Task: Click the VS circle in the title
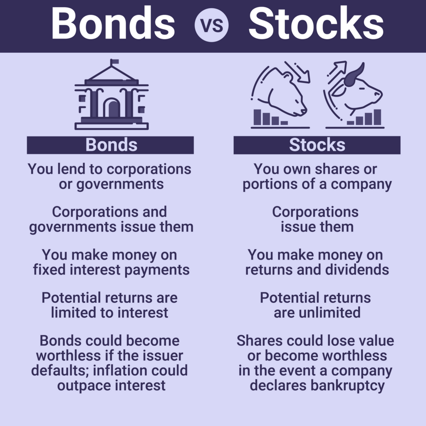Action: pos(211,25)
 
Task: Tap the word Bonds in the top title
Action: pos(113,23)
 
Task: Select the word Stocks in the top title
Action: pos(316,23)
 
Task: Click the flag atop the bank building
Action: pos(114,62)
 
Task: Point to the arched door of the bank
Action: pos(111,108)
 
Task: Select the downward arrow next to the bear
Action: pos(297,72)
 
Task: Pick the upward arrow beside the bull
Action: pos(337,72)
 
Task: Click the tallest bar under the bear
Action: pos(257,117)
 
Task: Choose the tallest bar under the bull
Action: pos(377,117)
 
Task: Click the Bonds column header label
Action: pos(111,145)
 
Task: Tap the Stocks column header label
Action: pos(317,145)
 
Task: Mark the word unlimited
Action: pos(329,312)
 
